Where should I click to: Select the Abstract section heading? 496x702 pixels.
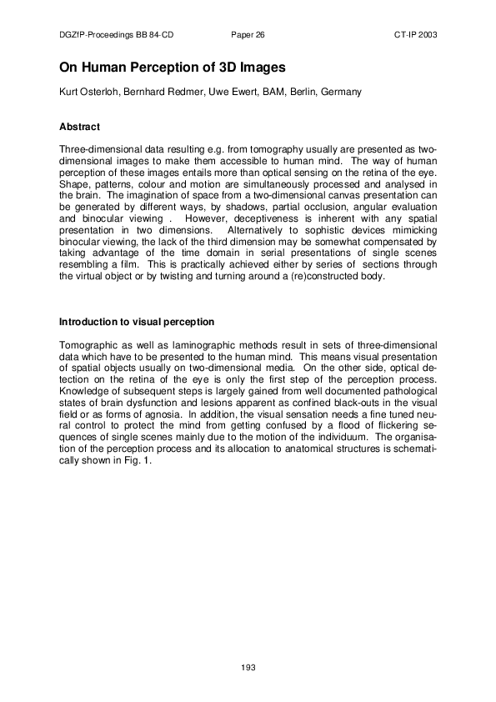(x=80, y=127)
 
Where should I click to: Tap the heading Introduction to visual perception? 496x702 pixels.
(x=137, y=322)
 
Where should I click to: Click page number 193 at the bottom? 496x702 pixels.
(x=248, y=667)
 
